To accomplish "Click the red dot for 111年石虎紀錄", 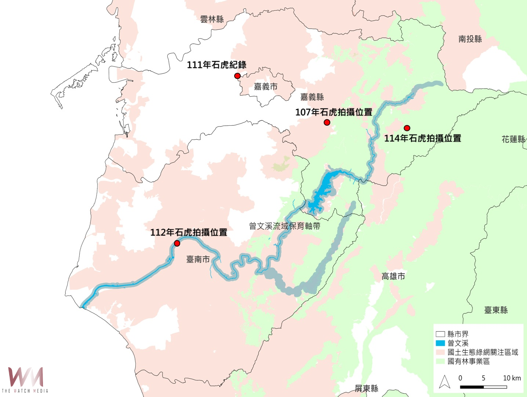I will (237, 76).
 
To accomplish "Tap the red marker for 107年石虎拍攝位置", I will (327, 122).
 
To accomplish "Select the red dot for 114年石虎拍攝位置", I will (407, 128).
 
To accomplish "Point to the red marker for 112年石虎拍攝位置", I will (177, 243).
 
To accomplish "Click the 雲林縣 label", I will (212, 19).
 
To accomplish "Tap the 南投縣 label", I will (470, 39).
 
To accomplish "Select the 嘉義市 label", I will (266, 87).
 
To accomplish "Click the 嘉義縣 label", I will (312, 97).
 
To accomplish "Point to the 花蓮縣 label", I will (513, 139).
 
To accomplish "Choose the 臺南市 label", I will (198, 260).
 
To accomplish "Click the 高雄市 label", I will (393, 276).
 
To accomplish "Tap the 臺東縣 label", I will (496, 310).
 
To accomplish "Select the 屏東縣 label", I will (366, 389).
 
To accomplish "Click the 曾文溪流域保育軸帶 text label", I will (284, 226).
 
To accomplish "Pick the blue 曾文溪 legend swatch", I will (440, 343).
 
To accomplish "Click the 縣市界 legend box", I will (440, 334).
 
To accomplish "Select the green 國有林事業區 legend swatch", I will (440, 361).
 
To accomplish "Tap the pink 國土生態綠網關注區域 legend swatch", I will (440, 352).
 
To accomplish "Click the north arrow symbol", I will (445, 382).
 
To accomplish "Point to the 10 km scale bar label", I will (512, 378).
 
